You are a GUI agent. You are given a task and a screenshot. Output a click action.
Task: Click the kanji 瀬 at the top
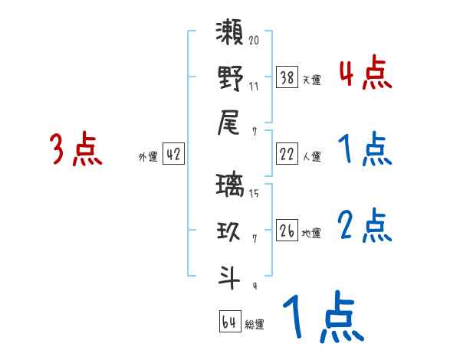pyautogui.click(x=230, y=34)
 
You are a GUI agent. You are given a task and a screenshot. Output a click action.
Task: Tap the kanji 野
pyautogui.click(x=230, y=77)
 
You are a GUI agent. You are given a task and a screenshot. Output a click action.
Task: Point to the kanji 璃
pyautogui.click(x=230, y=187)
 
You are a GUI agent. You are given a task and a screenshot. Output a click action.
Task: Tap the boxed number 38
pyautogui.click(x=287, y=78)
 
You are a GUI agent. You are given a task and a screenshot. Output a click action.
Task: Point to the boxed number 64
pyautogui.click(x=228, y=322)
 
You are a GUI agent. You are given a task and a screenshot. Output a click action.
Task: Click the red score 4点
pyautogui.click(x=365, y=74)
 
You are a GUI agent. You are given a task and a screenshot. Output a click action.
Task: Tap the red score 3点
pyautogui.click(x=76, y=149)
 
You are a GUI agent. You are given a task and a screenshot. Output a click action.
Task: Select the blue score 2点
pyautogui.click(x=365, y=227)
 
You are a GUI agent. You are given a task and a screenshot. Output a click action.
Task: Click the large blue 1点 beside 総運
pyautogui.click(x=322, y=319)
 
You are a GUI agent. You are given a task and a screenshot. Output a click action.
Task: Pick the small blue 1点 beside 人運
pyautogui.click(x=365, y=150)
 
